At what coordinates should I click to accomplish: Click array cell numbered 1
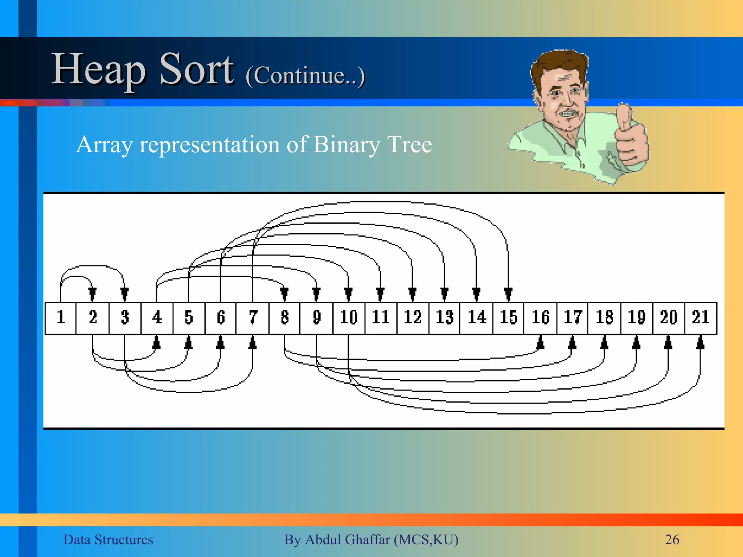pyautogui.click(x=61, y=318)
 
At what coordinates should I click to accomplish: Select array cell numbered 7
pyautogui.click(x=253, y=318)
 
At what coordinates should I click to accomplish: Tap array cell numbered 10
pyautogui.click(x=349, y=318)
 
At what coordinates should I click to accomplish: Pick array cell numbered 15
pyautogui.click(x=508, y=318)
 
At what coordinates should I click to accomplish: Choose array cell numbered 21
pyautogui.click(x=701, y=318)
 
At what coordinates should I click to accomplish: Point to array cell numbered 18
pyautogui.click(x=604, y=318)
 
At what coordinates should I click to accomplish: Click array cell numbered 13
pyautogui.click(x=444, y=318)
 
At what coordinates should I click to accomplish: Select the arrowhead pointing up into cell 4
pyautogui.click(x=156, y=343)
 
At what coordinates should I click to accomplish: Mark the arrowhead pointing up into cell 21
pyautogui.click(x=700, y=343)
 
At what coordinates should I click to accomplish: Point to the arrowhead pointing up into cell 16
pyautogui.click(x=540, y=343)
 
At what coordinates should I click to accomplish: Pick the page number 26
pyautogui.click(x=672, y=540)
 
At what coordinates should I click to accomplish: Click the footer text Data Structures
pyautogui.click(x=108, y=540)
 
